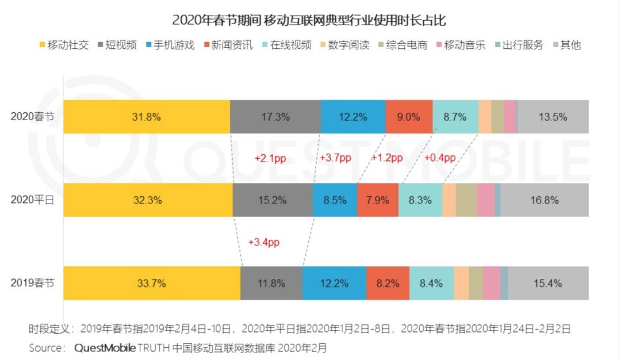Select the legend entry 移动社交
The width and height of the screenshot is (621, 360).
tap(64, 45)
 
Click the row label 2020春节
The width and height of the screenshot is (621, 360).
tap(33, 117)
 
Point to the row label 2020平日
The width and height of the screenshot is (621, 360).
tap(33, 200)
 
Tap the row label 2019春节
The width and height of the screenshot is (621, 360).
tap(33, 283)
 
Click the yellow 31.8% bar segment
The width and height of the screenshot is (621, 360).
tap(147, 117)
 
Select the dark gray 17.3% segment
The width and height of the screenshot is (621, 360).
tap(275, 117)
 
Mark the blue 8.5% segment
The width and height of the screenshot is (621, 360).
tap(335, 200)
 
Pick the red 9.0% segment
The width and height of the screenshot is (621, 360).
tap(409, 117)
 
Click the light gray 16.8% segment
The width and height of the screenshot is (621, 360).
tap(545, 200)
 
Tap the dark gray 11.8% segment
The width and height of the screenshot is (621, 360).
tap(271, 283)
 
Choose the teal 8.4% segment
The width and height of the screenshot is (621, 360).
tap(431, 283)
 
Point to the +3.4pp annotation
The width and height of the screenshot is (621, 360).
tap(264, 242)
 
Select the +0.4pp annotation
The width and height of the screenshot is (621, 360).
tap(440, 158)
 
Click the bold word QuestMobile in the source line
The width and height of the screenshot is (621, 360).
tap(105, 348)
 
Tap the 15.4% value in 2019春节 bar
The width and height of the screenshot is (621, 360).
tap(548, 283)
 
